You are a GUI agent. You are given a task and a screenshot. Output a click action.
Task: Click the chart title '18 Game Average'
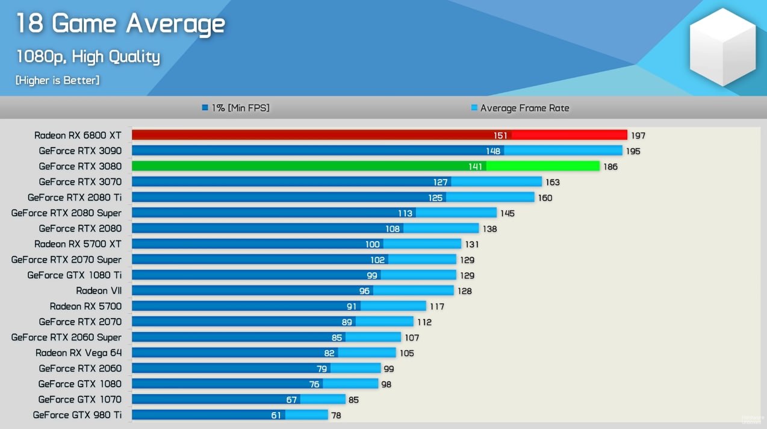pos(120,24)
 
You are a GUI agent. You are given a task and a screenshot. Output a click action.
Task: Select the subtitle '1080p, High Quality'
pos(88,57)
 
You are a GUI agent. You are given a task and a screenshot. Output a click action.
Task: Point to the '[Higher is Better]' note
pos(58,80)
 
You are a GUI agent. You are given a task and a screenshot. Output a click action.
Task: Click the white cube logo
pos(722,46)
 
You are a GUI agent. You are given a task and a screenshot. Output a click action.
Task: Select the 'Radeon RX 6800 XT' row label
pos(78,135)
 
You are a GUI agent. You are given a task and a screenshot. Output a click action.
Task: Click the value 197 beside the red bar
pos(638,136)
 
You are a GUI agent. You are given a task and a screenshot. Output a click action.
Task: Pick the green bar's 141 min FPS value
pos(475,166)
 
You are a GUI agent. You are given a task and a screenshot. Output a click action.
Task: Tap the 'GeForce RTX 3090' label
pos(80,151)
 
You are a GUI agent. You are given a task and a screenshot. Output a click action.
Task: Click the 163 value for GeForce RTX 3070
pos(552,182)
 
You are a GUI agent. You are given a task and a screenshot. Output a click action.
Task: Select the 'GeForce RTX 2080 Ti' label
pos(75,197)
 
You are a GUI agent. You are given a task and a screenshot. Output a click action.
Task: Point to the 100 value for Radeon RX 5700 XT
pos(373,244)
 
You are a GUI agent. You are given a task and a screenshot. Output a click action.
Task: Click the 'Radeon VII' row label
pos(99,290)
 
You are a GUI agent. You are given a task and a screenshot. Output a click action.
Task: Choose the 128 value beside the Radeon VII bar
pos(464,291)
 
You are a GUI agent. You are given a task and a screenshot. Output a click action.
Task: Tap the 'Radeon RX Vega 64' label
pos(78,352)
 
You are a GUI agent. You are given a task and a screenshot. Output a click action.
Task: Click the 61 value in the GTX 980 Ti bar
pos(276,415)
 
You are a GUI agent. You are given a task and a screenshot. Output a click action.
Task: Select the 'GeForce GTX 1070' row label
pos(79,399)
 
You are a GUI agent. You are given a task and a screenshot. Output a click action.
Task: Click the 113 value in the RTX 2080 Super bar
pos(405,213)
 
